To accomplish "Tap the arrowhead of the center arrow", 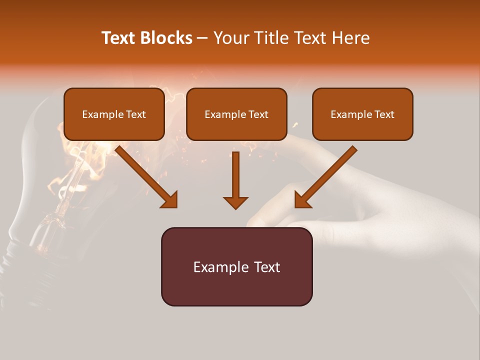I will click(x=235, y=202).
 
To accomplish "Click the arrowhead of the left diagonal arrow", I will click(x=170, y=199).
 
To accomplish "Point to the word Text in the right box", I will click(x=384, y=114).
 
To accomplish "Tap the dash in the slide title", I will click(x=202, y=38).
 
